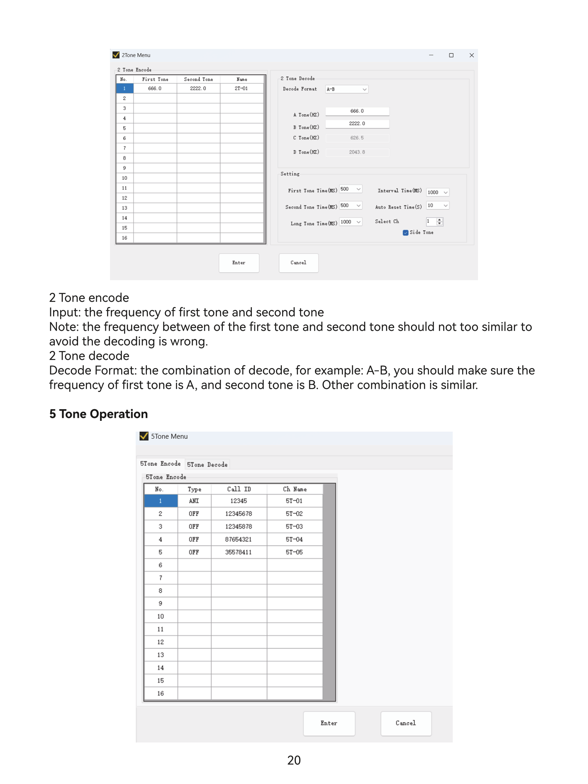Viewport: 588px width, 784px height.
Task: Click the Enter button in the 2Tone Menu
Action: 239,263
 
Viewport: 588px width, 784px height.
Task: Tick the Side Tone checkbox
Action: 405,233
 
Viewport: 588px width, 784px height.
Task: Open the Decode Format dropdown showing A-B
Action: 346,89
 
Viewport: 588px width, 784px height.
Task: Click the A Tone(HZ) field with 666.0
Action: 357,111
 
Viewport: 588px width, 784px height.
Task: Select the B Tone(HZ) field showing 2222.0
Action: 357,124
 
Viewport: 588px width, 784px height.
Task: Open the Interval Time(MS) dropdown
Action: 437,192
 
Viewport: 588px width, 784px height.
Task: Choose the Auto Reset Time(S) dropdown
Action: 437,205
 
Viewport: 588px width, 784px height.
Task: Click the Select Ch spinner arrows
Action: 439,222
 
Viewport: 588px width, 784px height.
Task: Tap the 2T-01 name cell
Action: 241,88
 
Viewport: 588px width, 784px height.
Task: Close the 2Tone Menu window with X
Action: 471,55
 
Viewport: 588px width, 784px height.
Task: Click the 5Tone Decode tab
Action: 207,465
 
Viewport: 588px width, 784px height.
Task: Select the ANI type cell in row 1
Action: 194,501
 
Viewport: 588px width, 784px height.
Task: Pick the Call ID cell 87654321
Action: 239,540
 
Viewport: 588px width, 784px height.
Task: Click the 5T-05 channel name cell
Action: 294,552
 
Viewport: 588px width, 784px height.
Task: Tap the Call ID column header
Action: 239,489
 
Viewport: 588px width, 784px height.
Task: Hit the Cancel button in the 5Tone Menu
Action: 405,723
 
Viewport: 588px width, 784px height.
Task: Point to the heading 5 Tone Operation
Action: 98,414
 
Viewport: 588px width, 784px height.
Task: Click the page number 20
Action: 294,760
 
